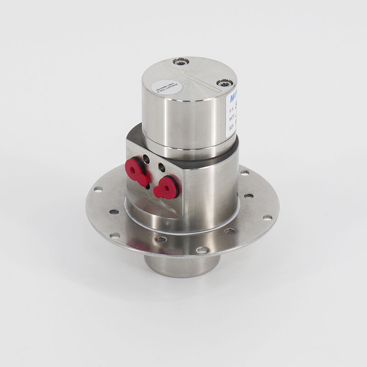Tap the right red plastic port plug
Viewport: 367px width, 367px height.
(x=166, y=187)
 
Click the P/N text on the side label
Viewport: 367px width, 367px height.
(x=231, y=111)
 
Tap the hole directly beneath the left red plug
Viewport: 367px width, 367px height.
(x=146, y=186)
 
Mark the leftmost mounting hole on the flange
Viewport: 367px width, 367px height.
(x=97, y=189)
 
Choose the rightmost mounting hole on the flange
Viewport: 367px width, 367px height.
(x=267, y=217)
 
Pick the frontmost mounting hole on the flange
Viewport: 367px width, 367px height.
(x=202, y=250)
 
